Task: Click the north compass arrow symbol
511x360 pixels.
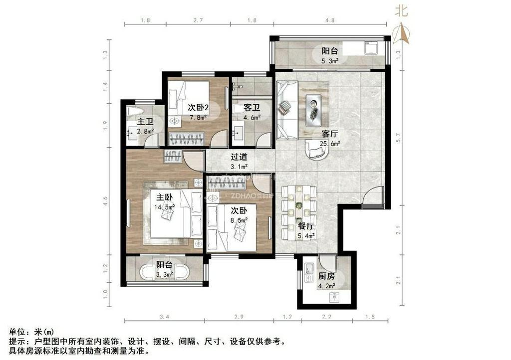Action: pos(402,33)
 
